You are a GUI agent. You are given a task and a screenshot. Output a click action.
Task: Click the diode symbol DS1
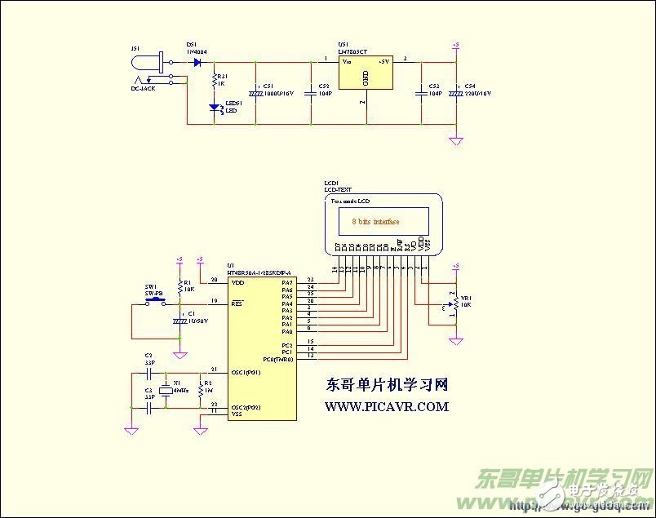click(197, 62)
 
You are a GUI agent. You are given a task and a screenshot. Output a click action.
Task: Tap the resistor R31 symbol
click(213, 81)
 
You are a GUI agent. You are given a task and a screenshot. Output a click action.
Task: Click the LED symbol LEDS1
click(214, 107)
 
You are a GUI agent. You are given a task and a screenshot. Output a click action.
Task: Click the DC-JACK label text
click(143, 88)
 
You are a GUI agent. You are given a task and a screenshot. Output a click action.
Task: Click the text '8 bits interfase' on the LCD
click(375, 221)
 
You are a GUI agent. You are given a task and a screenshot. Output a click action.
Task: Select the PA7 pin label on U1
click(286, 282)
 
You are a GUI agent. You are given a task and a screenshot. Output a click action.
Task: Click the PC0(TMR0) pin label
click(277, 359)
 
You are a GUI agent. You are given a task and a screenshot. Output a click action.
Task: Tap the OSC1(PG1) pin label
click(246, 373)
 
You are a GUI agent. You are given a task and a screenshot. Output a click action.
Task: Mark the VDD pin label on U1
click(238, 282)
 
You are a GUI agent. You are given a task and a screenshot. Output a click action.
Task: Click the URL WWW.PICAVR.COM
click(387, 406)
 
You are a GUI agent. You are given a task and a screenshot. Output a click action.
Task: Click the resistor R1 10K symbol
click(180, 286)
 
